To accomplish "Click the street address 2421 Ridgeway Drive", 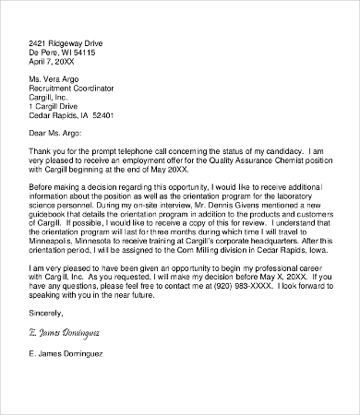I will pyautogui.click(x=66, y=42).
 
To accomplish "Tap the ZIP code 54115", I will pyautogui.click(x=103, y=53).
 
